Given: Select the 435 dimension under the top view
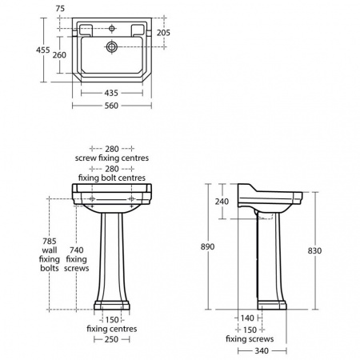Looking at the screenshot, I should tap(111, 93).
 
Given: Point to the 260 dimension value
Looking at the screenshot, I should tap(59, 55).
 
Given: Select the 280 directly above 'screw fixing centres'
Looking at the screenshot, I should tap(111, 149).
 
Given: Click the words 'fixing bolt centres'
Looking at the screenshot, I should tap(111, 178).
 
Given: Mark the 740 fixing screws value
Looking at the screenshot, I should tap(76, 250).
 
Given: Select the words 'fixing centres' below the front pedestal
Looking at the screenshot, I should tap(111, 329).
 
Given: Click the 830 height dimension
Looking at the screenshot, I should tap(314, 250).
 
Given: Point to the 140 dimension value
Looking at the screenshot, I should tap(248, 318).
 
